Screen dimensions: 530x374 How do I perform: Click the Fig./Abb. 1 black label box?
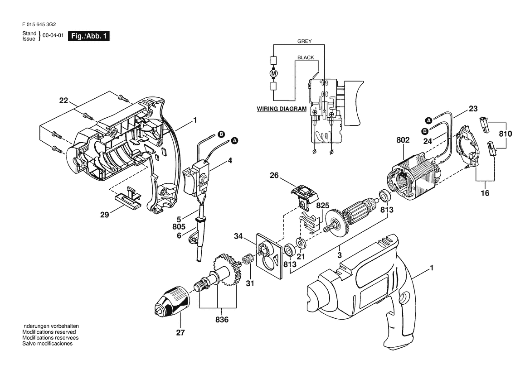pos(89,36)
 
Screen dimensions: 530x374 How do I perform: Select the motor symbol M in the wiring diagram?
pos(274,73)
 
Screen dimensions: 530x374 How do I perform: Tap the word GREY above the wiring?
pos(305,41)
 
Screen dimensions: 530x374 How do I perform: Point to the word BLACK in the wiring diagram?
pos(306,58)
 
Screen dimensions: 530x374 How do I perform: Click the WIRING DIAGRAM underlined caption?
pos(282,109)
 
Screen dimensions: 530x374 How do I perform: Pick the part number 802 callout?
pos(403,140)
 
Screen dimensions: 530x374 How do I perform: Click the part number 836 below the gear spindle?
pos(222,319)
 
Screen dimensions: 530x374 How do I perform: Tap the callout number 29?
pos(104,214)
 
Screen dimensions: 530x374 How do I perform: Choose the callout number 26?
pos(274,176)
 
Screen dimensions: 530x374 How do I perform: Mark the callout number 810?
pos(506,134)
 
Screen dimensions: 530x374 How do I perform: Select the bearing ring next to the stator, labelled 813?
pos(384,196)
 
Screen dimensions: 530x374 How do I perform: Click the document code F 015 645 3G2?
pos(39,24)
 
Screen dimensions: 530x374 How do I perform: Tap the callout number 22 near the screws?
pos(63,100)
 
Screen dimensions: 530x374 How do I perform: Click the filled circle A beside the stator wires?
pos(428,120)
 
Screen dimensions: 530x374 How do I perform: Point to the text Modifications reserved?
pos(49,332)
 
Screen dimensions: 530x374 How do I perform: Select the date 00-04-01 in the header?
pos(53,36)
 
